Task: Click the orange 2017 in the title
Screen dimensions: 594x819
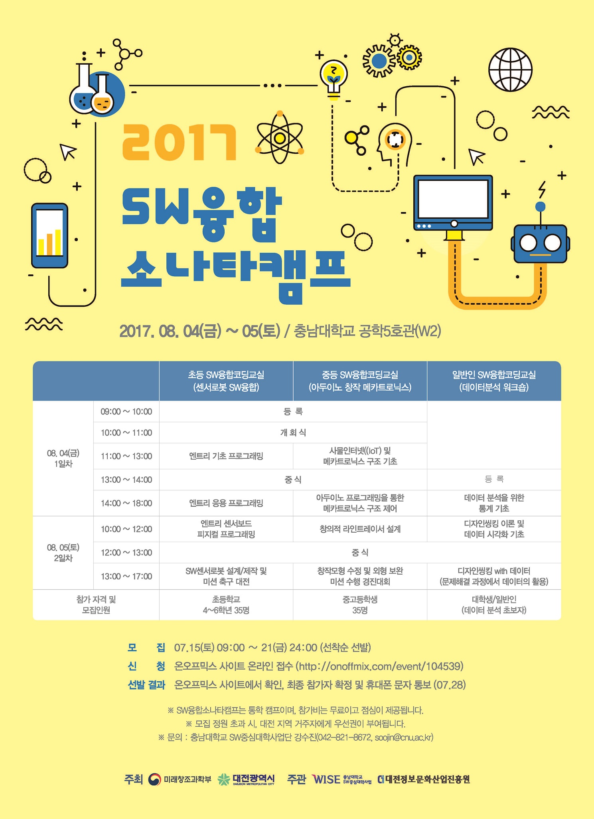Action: [x=179, y=143]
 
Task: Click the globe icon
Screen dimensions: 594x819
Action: [x=510, y=69]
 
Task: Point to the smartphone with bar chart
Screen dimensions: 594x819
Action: [x=50, y=236]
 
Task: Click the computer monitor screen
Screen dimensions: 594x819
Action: [x=453, y=198]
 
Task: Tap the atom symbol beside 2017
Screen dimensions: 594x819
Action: [x=280, y=137]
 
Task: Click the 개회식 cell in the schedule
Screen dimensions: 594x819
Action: [x=293, y=432]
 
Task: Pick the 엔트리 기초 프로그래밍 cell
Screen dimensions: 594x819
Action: [x=226, y=456]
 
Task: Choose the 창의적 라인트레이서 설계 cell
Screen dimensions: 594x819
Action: [x=360, y=529]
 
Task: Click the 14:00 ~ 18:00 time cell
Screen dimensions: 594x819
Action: [x=126, y=503]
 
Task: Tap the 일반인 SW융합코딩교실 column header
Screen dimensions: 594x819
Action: [x=494, y=381]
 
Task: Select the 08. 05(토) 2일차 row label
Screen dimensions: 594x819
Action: [x=63, y=553]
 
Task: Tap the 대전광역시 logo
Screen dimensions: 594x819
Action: [x=247, y=779]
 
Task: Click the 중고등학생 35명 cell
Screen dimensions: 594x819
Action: [x=360, y=605]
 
